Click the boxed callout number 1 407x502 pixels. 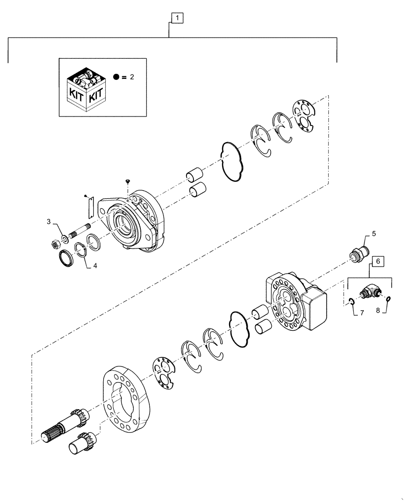pos(176,18)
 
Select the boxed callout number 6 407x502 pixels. pos(378,261)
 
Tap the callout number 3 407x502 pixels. pos(49,221)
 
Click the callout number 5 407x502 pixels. pos(374,234)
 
